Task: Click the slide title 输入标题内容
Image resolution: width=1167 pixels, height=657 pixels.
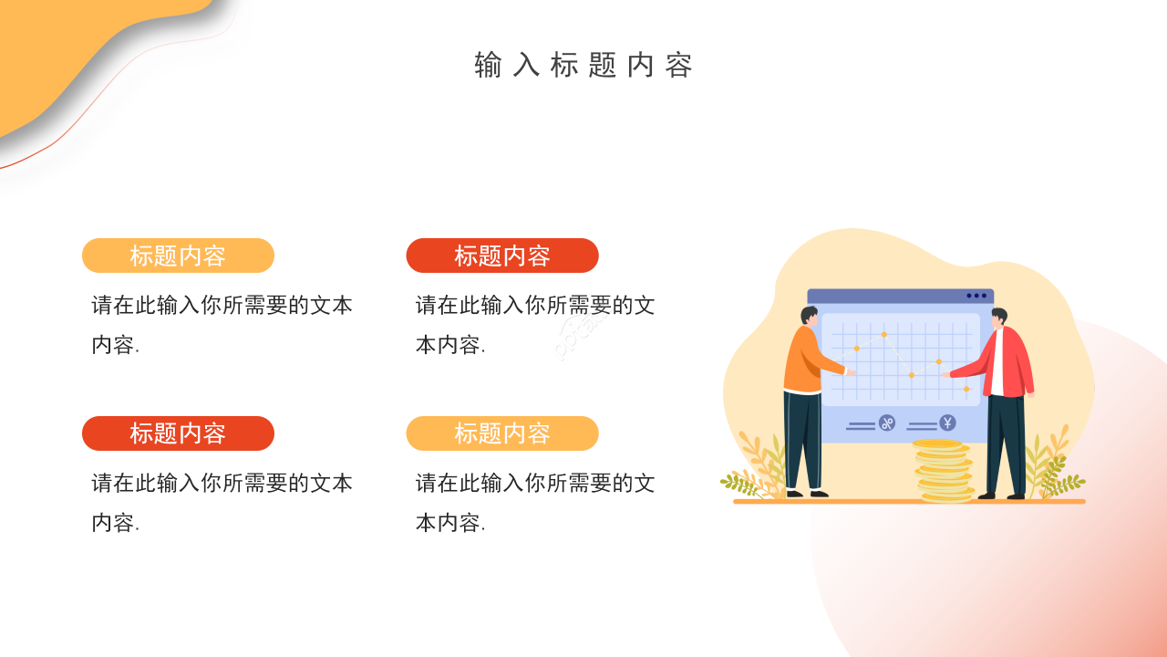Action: tap(583, 66)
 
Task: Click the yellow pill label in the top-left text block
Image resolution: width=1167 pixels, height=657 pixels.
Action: tap(178, 255)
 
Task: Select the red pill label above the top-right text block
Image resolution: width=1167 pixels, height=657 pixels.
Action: tap(502, 255)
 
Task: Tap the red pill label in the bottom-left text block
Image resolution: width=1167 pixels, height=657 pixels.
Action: tap(178, 433)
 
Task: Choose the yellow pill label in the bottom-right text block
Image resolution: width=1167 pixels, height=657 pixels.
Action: tap(502, 433)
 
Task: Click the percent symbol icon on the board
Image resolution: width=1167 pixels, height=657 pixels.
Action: tap(887, 422)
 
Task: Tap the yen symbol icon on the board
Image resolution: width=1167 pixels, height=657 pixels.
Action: tap(947, 422)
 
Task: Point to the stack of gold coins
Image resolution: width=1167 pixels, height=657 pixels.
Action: tap(943, 470)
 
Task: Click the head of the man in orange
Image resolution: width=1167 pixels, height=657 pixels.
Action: tap(809, 316)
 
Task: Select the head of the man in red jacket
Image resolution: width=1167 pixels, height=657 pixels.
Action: tap(1000, 318)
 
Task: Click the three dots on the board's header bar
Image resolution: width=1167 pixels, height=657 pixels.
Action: tap(976, 296)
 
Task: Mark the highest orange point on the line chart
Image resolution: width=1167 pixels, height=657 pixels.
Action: tap(883, 334)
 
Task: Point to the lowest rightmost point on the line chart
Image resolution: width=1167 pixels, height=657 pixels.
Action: tap(966, 389)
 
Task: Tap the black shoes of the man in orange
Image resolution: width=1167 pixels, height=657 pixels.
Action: tap(807, 494)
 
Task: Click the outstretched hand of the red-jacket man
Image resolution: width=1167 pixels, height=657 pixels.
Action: tap(947, 373)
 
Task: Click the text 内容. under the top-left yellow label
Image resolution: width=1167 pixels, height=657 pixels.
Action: tap(115, 345)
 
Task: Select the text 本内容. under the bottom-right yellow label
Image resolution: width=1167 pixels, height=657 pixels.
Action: tap(450, 523)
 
